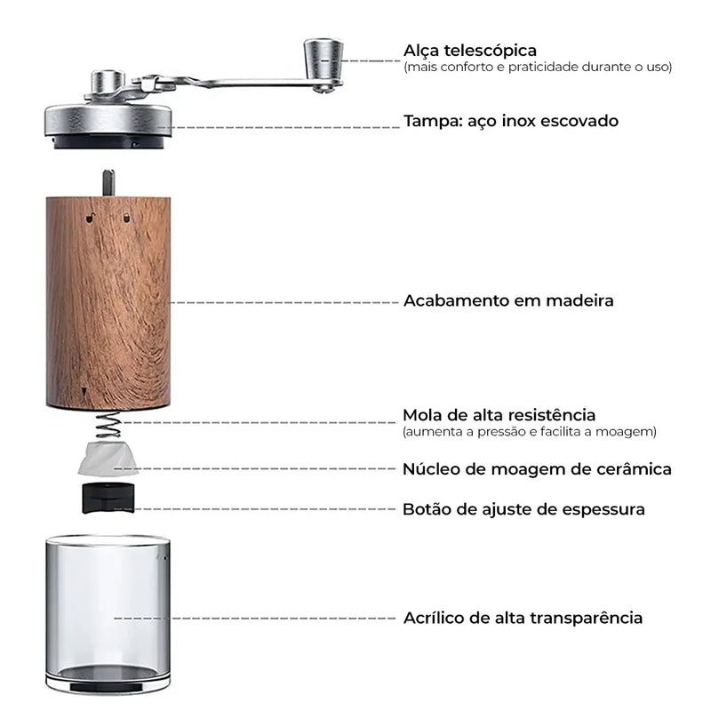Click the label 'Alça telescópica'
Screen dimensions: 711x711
pos(470,50)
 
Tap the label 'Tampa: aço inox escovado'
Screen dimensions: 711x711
pos(511,120)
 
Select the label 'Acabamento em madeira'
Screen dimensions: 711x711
pos(508,300)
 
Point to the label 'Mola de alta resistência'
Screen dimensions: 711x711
pos(499,415)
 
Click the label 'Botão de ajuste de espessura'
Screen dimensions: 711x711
pos(523,509)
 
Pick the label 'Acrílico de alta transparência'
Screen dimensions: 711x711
pos(523,617)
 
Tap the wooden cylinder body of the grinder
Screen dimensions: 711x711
pos(108,302)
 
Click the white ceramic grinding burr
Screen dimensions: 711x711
pos(106,459)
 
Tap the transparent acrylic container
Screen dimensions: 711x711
pos(108,613)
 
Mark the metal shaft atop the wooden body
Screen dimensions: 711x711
pos(108,183)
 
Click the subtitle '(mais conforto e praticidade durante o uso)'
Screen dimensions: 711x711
pos(538,68)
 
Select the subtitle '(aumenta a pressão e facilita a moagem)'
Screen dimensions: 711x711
pos(530,432)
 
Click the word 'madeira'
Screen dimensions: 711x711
pos(581,300)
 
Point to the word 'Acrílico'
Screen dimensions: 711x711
pos(435,617)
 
